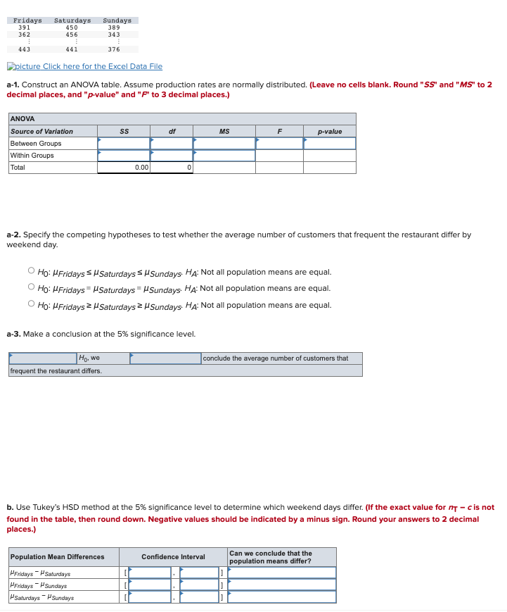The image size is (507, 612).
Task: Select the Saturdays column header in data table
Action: [72, 20]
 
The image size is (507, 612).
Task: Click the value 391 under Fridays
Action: [24, 27]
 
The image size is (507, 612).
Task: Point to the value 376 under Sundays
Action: [114, 49]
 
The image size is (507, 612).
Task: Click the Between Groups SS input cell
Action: [123, 144]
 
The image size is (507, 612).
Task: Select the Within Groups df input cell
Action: [171, 156]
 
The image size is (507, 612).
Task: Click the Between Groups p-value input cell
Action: [329, 144]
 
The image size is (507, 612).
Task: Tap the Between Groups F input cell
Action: [279, 144]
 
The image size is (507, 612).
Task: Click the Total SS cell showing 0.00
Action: [123, 168]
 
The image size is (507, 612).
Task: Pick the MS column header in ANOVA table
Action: [224, 132]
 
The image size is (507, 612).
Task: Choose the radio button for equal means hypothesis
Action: [32, 288]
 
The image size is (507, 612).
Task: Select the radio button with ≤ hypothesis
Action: [32, 271]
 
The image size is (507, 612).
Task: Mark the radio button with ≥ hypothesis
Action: [32, 305]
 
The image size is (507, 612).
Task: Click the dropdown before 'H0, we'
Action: [42, 358]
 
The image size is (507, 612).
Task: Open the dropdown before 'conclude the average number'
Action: [165, 358]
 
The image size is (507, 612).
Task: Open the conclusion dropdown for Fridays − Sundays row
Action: [282, 585]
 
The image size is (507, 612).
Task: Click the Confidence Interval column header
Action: [173, 557]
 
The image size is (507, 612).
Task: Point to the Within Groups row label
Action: [32, 156]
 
